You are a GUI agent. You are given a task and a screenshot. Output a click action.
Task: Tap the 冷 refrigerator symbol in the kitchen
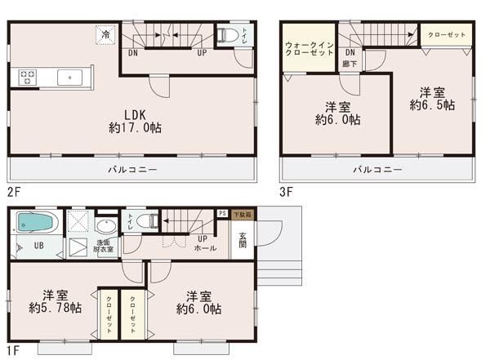[105, 34]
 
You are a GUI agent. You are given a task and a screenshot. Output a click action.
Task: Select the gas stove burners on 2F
[26, 78]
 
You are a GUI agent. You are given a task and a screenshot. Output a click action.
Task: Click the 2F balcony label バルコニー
[132, 170]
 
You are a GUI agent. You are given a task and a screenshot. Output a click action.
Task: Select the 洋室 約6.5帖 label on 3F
[432, 99]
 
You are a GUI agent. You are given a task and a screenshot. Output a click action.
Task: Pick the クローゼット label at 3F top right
[444, 36]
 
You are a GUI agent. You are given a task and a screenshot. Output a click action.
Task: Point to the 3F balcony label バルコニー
[376, 170]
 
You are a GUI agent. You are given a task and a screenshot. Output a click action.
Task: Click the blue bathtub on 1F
[33, 223]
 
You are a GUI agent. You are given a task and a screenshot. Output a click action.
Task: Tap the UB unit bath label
[38, 246]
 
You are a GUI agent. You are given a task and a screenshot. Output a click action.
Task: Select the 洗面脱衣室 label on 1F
[105, 247]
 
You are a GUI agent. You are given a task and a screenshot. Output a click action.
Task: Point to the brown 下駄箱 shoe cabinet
[243, 213]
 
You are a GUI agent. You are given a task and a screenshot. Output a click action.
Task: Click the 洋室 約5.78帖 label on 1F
[55, 301]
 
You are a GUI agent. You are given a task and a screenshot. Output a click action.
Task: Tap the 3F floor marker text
[286, 193]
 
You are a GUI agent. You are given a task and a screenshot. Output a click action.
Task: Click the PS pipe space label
[221, 213]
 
